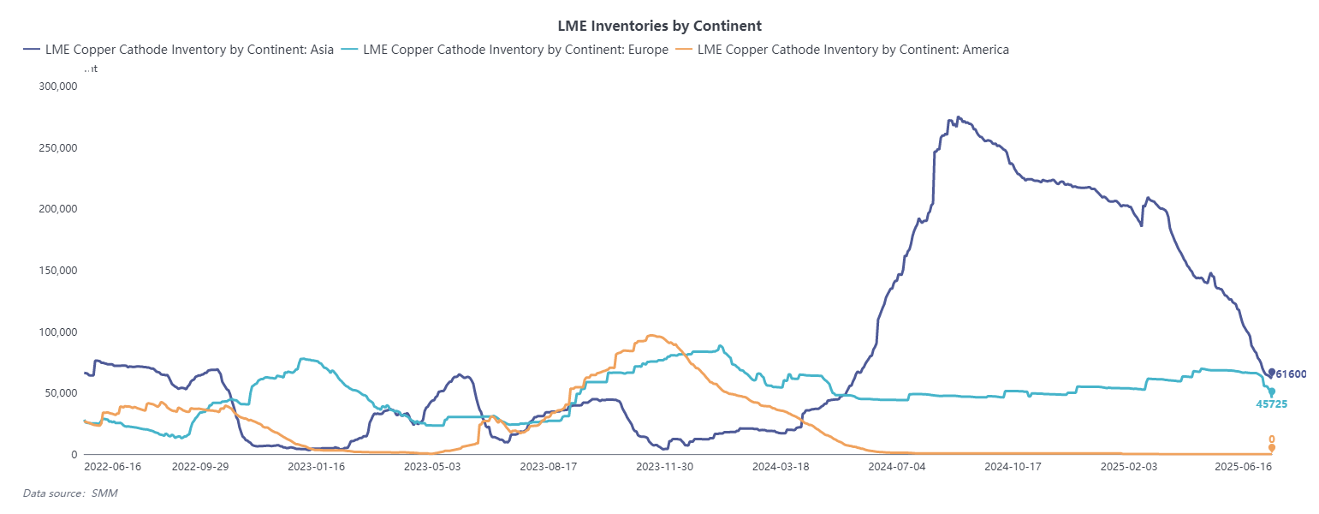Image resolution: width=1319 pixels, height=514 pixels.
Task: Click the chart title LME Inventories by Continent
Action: [x=659, y=26]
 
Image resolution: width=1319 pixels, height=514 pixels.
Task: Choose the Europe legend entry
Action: [x=505, y=50]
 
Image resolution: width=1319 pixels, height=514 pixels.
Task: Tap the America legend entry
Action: [x=842, y=50]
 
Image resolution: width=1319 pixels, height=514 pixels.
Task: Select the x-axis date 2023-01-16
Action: [x=316, y=468]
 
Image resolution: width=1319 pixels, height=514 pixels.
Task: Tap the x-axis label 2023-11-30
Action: [x=663, y=468]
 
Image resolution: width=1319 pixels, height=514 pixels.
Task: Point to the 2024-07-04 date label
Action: [x=896, y=468]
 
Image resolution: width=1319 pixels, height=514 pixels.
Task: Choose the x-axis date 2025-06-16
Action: [x=1244, y=468]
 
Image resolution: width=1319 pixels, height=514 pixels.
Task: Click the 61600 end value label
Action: [x=1291, y=374]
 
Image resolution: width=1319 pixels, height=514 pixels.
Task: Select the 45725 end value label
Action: [x=1270, y=403]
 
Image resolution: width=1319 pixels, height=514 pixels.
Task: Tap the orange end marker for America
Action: [x=1272, y=447]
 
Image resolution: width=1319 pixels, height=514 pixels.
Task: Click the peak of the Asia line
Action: [x=958, y=117]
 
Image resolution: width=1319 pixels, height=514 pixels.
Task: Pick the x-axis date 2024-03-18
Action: [x=780, y=468]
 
